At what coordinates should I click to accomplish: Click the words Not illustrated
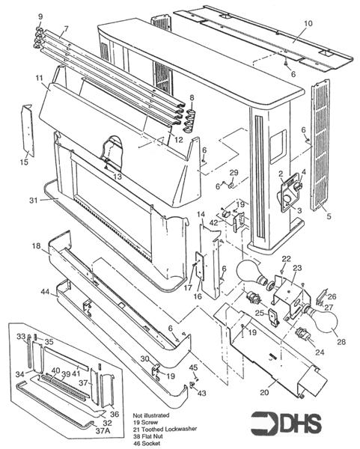click(x=151, y=414)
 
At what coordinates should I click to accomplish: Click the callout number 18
click(x=35, y=246)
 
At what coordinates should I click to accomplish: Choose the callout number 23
click(x=296, y=268)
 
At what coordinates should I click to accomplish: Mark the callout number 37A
click(x=106, y=430)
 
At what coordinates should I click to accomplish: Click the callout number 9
click(x=40, y=16)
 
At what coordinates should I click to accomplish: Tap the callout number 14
click(x=201, y=216)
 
